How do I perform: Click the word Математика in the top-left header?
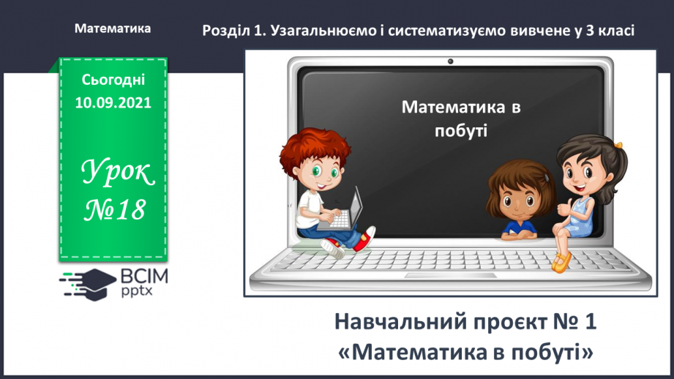[x=113, y=29]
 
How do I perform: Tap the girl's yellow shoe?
[x=561, y=261]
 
